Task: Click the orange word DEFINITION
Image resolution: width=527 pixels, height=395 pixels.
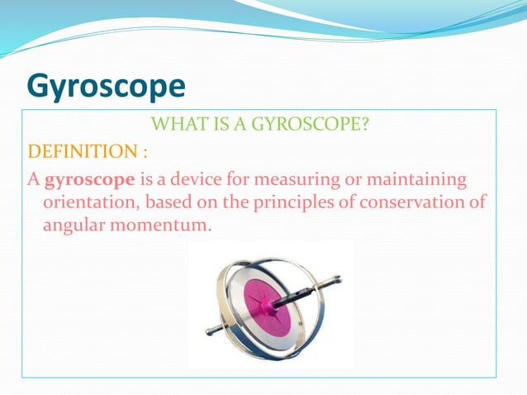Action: click(x=72, y=153)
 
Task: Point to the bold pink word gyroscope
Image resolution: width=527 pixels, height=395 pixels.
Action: click(x=83, y=179)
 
